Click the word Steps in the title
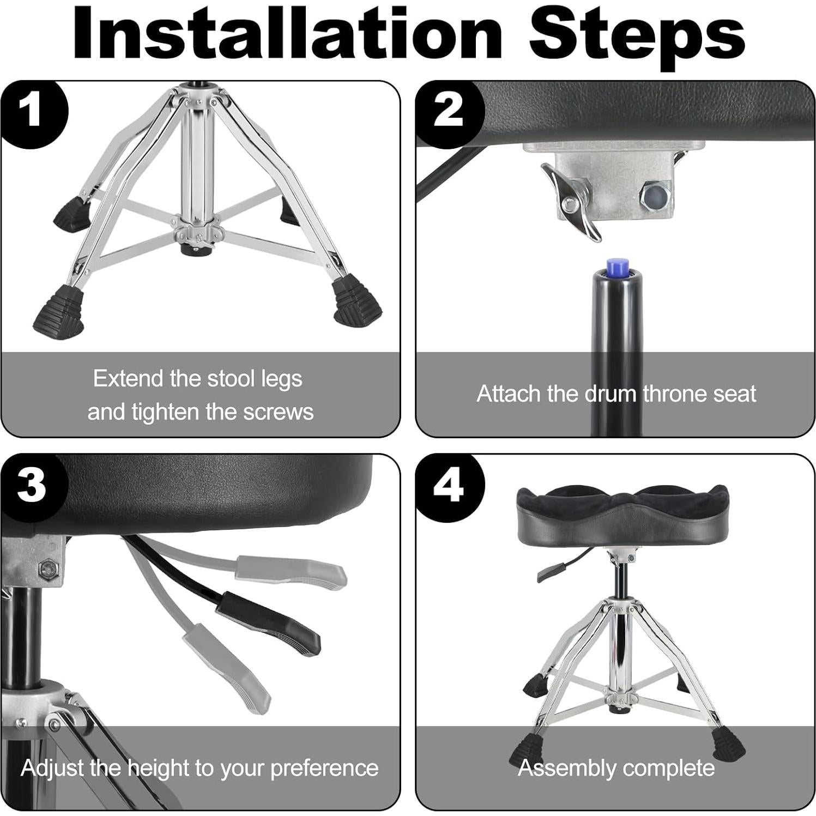[x=637, y=37]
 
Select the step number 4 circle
[x=449, y=486]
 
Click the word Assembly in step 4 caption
[x=566, y=769]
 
